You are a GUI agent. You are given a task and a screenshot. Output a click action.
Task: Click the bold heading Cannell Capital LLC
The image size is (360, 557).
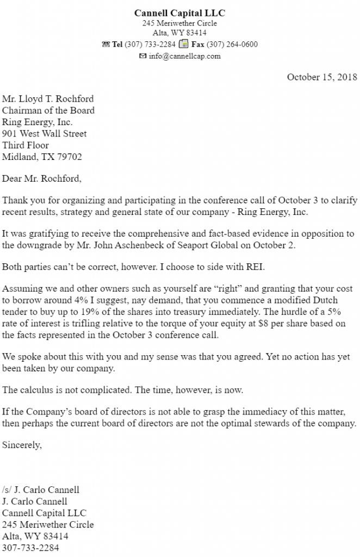point(179,13)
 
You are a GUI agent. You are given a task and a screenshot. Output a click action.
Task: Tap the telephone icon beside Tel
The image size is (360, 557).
point(105,45)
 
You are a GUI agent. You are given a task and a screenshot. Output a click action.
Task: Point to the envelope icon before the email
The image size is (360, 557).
point(142,56)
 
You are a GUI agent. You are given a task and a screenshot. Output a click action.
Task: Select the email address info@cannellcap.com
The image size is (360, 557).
point(184,56)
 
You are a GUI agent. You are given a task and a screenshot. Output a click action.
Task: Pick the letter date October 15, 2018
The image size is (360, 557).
point(322,77)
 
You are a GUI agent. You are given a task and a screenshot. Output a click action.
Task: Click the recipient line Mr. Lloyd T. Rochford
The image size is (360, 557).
point(48,99)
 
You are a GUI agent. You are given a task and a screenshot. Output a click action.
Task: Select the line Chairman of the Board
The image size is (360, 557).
point(48,110)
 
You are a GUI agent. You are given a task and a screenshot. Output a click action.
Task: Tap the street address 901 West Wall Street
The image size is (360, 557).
point(45,134)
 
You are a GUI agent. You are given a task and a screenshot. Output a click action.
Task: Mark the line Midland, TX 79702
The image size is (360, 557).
point(42,157)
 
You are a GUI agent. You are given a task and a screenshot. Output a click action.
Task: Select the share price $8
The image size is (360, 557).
point(282,324)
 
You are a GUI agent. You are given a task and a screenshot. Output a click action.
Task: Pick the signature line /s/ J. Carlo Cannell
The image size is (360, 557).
point(41,490)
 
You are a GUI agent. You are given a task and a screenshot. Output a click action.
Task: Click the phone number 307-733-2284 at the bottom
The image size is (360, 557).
point(30,548)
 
